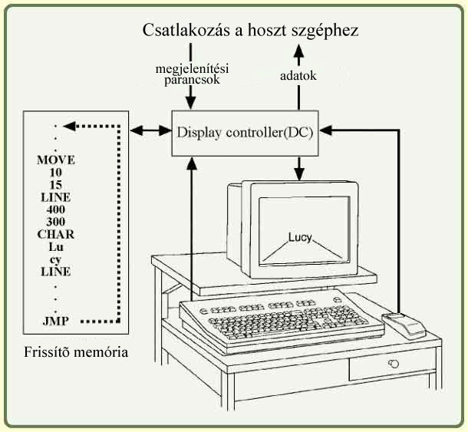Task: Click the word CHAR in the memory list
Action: tap(55, 234)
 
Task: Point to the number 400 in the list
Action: tap(54, 209)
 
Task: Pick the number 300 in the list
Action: tap(54, 222)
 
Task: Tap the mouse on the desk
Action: tap(404, 325)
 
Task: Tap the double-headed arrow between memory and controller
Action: tap(151, 131)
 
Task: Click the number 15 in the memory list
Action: tap(54, 185)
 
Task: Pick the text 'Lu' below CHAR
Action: tap(54, 247)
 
